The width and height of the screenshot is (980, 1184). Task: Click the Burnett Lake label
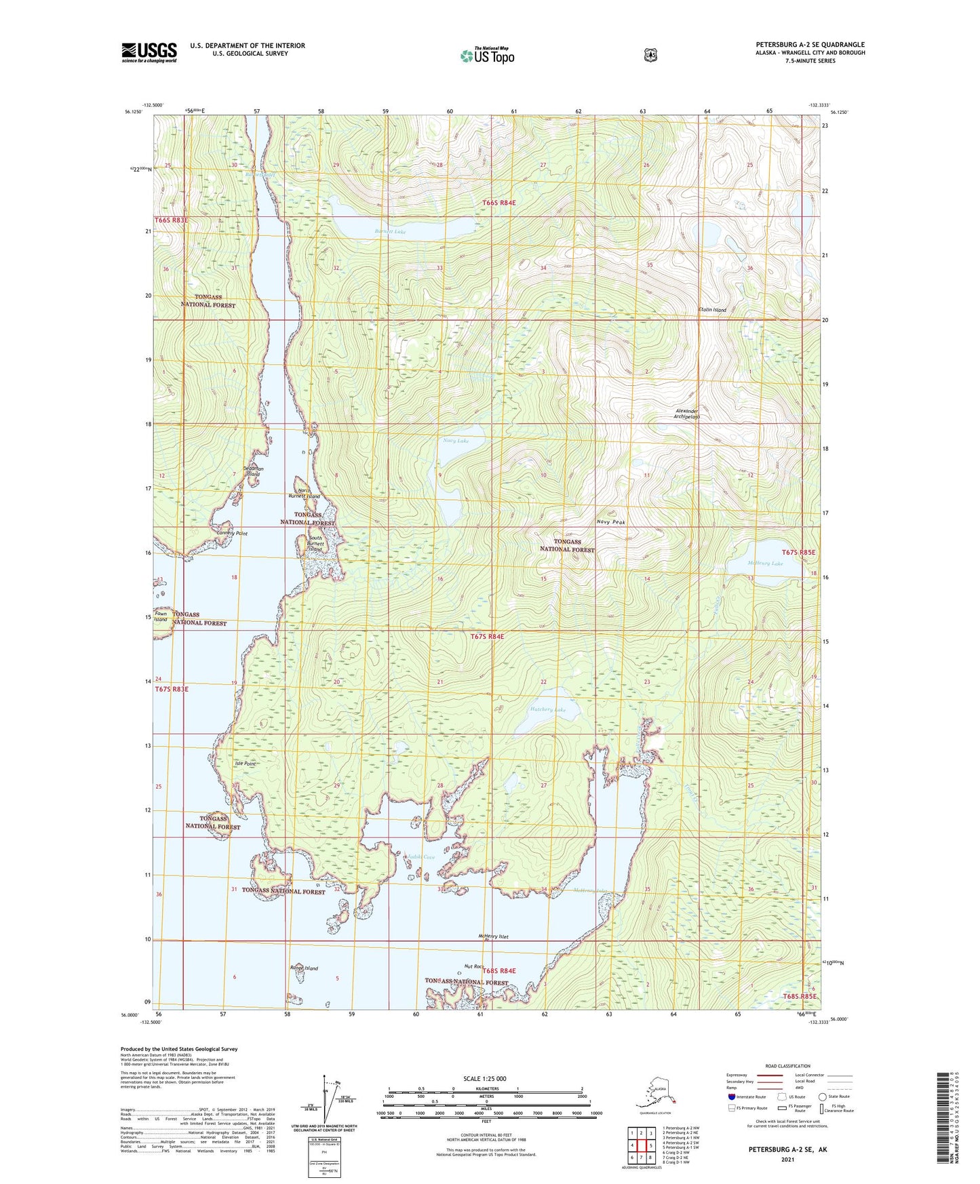pyautogui.click(x=390, y=232)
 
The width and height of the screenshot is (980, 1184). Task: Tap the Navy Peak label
pyautogui.click(x=610, y=522)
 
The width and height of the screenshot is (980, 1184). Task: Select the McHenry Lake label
pyautogui.click(x=765, y=564)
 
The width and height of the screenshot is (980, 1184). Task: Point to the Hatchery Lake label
pyautogui.click(x=547, y=710)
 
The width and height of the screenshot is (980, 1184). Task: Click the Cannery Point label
pyautogui.click(x=231, y=534)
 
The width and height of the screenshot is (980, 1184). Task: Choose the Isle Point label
pyautogui.click(x=245, y=764)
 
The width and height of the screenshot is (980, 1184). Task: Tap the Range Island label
pyautogui.click(x=303, y=968)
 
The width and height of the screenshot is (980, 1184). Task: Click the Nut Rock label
pyautogui.click(x=473, y=966)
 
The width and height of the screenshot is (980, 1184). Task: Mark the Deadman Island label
pyautogui.click(x=253, y=471)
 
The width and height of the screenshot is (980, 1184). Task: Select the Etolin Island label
pyautogui.click(x=712, y=310)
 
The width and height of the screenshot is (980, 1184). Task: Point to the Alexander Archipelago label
pyautogui.click(x=686, y=414)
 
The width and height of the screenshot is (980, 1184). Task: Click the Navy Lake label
pyautogui.click(x=456, y=441)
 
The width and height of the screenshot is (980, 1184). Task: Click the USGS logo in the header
pyautogui.click(x=149, y=52)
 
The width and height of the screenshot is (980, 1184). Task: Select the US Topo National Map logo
pyautogui.click(x=486, y=55)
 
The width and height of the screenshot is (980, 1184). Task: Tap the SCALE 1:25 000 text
pyautogui.click(x=484, y=1079)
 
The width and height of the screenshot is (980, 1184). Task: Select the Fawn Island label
pyautogui.click(x=160, y=616)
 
